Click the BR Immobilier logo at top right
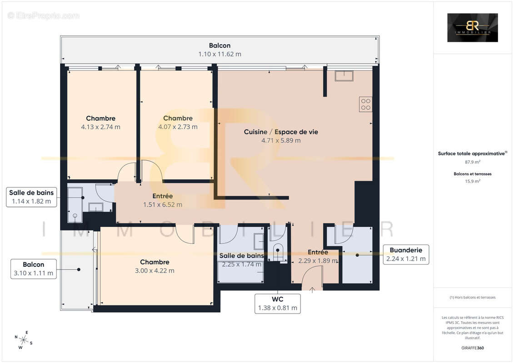[472, 28]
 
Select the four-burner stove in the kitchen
[365, 104]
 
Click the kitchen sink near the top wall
[344, 76]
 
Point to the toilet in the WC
[277, 251]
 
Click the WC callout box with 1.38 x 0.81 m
[278, 304]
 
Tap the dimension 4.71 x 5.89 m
[280, 141]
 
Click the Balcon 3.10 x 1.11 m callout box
[33, 269]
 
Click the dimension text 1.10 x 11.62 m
[220, 54]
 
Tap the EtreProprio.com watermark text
[43, 15]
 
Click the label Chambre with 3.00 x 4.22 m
[155, 262]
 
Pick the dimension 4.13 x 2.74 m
[100, 127]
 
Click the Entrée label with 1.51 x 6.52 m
[162, 196]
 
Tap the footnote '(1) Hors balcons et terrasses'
[472, 297]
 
